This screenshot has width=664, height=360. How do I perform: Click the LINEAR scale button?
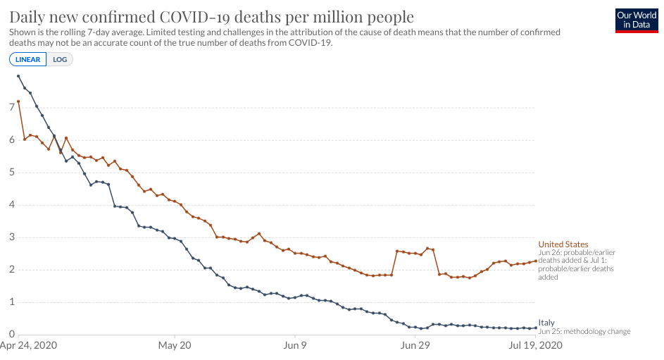click(28, 59)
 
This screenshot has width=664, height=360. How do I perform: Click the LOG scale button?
click(60, 59)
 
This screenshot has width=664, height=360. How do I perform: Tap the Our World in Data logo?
click(636, 20)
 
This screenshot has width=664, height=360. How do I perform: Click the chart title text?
click(212, 16)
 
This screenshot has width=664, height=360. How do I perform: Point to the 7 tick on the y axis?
click(12, 108)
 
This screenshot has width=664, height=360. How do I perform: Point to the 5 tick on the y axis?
click(12, 173)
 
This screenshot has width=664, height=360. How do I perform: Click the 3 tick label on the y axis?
click(12, 237)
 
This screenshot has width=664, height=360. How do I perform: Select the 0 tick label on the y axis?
click(12, 335)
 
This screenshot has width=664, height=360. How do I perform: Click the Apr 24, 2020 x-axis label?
click(27, 346)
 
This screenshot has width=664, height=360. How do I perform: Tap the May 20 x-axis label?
click(175, 346)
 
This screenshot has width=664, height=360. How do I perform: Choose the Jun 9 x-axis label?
click(294, 346)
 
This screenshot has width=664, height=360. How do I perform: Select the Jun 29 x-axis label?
click(415, 346)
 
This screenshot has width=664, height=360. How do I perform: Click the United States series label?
click(563, 244)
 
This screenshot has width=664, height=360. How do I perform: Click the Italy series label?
click(546, 323)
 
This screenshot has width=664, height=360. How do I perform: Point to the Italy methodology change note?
click(584, 331)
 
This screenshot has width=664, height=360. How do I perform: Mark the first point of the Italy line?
click(18, 76)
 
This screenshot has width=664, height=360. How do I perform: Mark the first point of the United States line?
click(18, 101)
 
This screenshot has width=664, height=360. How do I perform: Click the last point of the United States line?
click(536, 261)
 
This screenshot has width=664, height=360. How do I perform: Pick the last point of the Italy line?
click(536, 328)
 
